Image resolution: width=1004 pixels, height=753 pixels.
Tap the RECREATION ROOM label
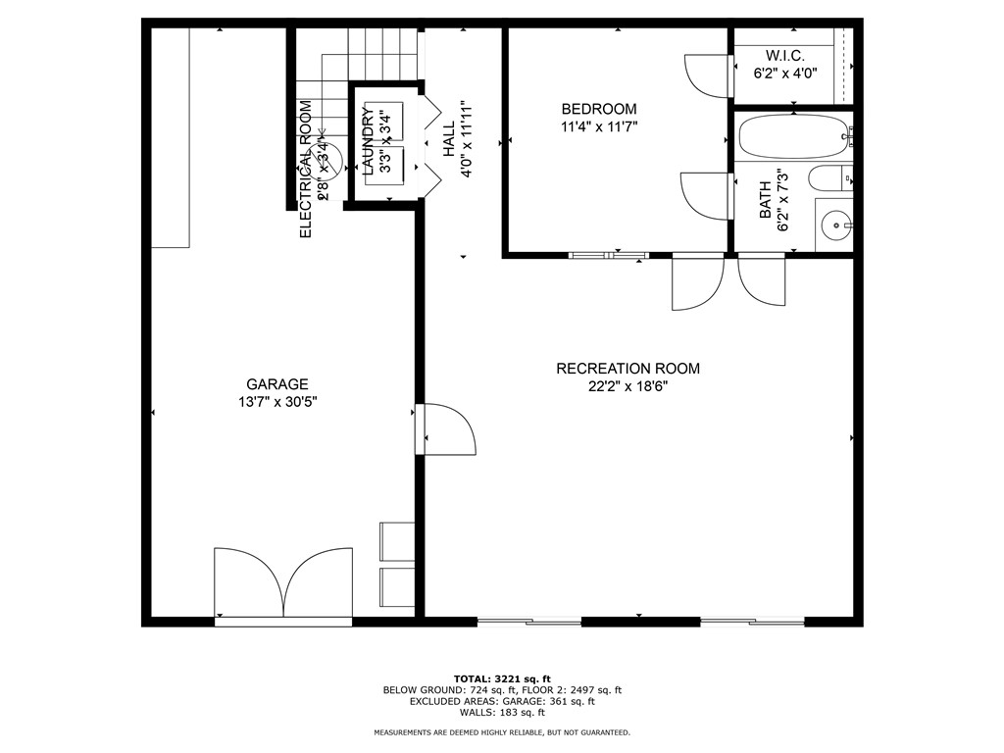(x=627, y=369)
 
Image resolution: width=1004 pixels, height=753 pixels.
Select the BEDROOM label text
(x=598, y=109)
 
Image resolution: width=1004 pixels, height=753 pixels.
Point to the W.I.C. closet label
(x=785, y=55)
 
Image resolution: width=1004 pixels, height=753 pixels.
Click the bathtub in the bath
(x=793, y=137)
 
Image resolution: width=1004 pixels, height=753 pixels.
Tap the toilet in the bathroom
(x=829, y=179)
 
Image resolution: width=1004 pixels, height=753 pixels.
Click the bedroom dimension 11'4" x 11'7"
(x=598, y=125)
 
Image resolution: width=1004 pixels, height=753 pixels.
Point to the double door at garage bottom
(x=282, y=584)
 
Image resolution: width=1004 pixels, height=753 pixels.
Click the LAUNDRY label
(x=368, y=141)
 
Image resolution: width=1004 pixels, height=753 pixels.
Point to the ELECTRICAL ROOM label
(x=305, y=169)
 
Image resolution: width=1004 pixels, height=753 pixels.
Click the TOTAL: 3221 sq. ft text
(x=501, y=678)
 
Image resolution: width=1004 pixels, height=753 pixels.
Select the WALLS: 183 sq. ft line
(x=501, y=712)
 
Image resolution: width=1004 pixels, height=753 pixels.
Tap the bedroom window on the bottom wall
(x=608, y=256)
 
